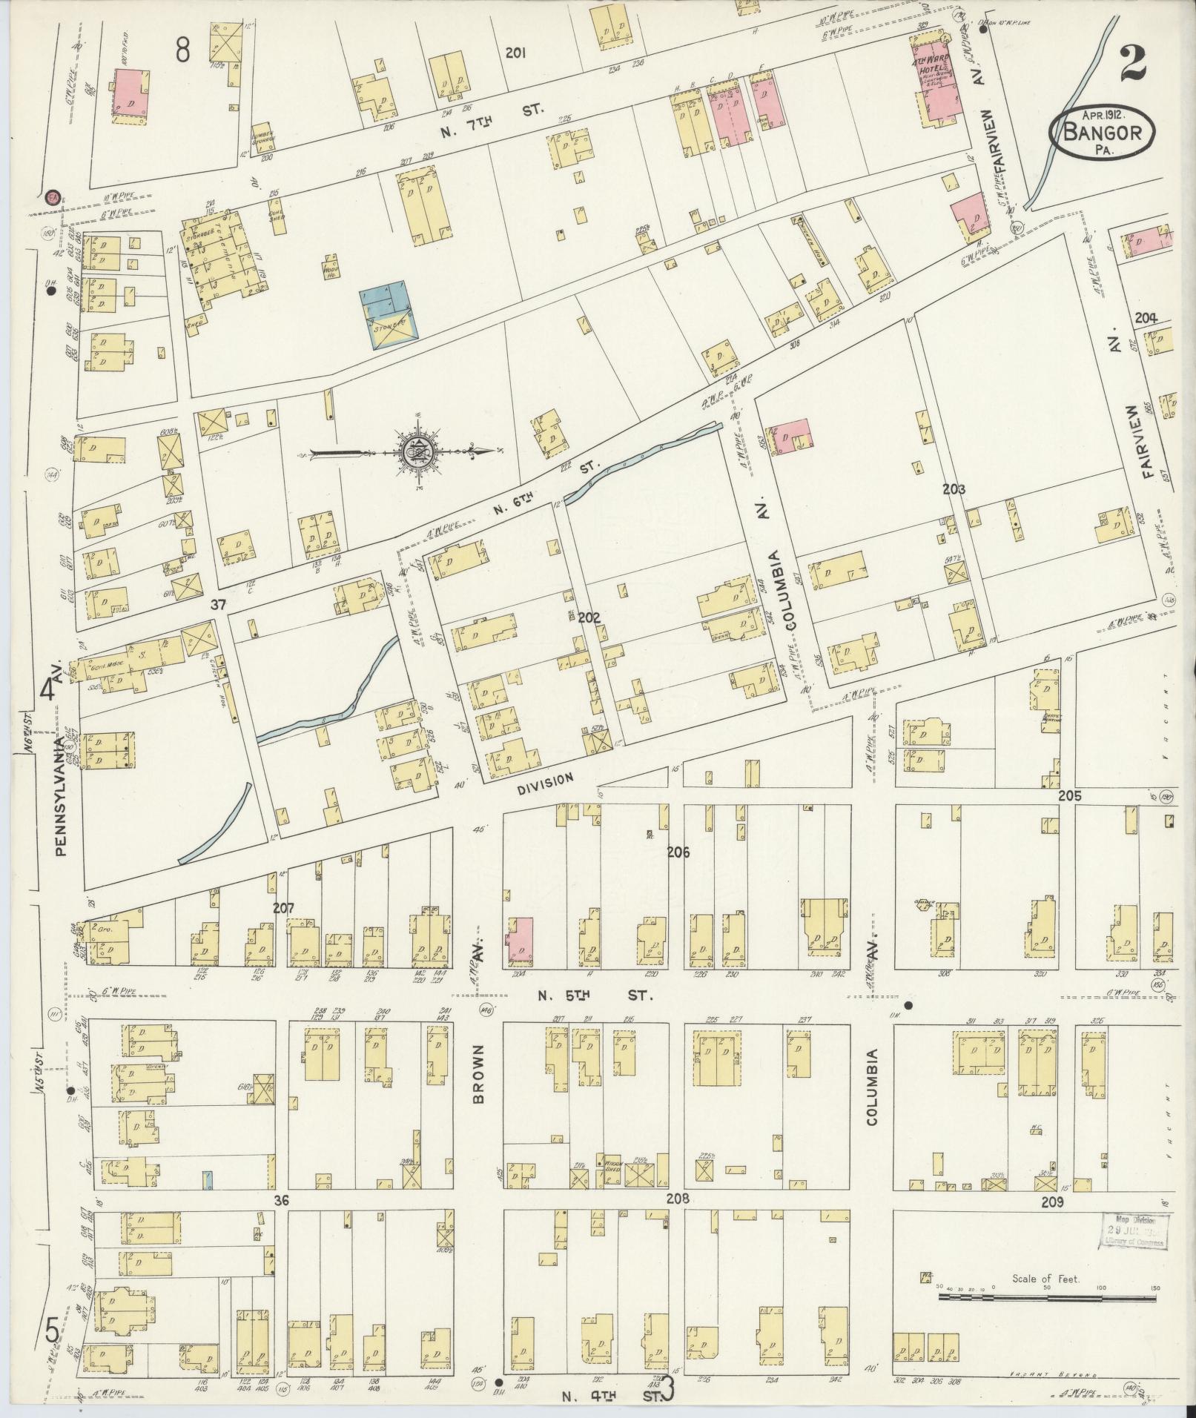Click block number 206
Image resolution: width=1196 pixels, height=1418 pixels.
[x=678, y=852]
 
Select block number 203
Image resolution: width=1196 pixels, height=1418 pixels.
[x=954, y=488]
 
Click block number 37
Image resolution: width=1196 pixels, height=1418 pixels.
[x=217, y=605]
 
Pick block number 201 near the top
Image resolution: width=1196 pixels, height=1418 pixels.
[x=515, y=53]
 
